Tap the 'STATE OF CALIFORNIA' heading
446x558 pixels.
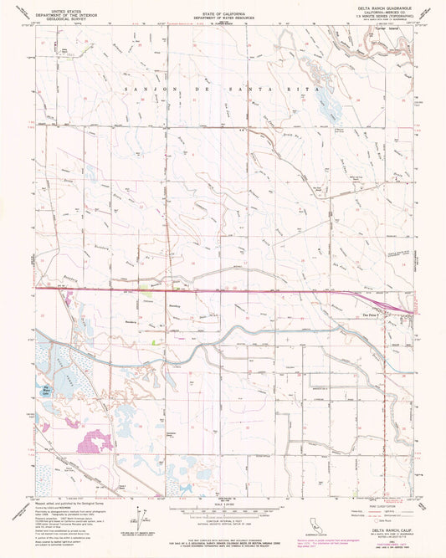click(x=223, y=14)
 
